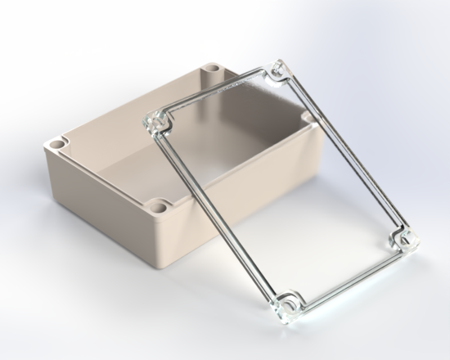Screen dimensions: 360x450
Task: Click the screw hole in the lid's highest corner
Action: [x=277, y=71]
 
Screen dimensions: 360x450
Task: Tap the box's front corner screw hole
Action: [x=160, y=208]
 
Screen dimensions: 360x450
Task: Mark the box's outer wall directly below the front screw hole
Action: [x=163, y=242]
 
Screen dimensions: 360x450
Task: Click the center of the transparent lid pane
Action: [x=281, y=186]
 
